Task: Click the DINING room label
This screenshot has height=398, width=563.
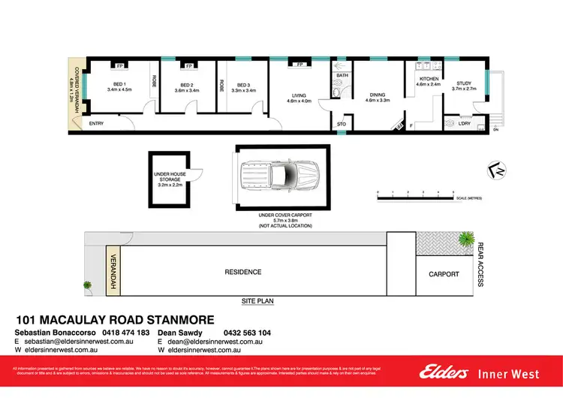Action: pyautogui.click(x=378, y=95)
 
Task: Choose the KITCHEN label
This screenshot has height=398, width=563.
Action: pyautogui.click(x=428, y=79)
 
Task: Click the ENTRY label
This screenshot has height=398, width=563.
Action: pyautogui.click(x=96, y=123)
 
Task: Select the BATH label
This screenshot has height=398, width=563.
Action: pyautogui.click(x=342, y=76)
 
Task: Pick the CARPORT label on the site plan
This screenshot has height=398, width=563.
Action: pyautogui.click(x=443, y=274)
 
